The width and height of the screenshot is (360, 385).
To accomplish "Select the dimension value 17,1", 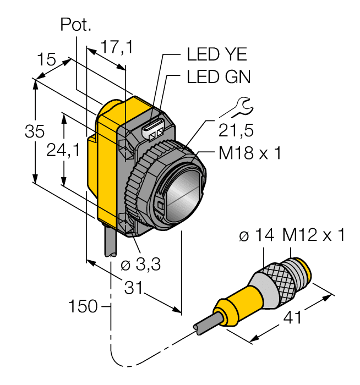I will (116, 48).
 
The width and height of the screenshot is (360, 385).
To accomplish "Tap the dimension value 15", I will (47, 59).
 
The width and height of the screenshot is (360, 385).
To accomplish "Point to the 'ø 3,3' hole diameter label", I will (140, 265).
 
